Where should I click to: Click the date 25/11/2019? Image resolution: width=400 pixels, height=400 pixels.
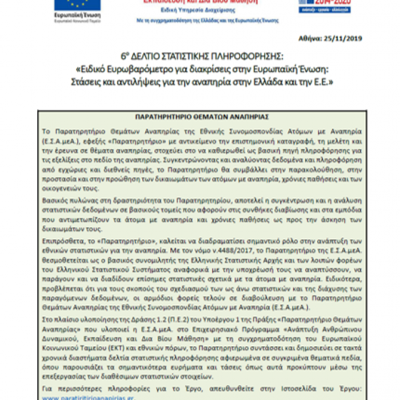(x=343, y=39)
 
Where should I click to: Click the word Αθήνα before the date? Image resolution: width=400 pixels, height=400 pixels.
(x=311, y=39)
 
